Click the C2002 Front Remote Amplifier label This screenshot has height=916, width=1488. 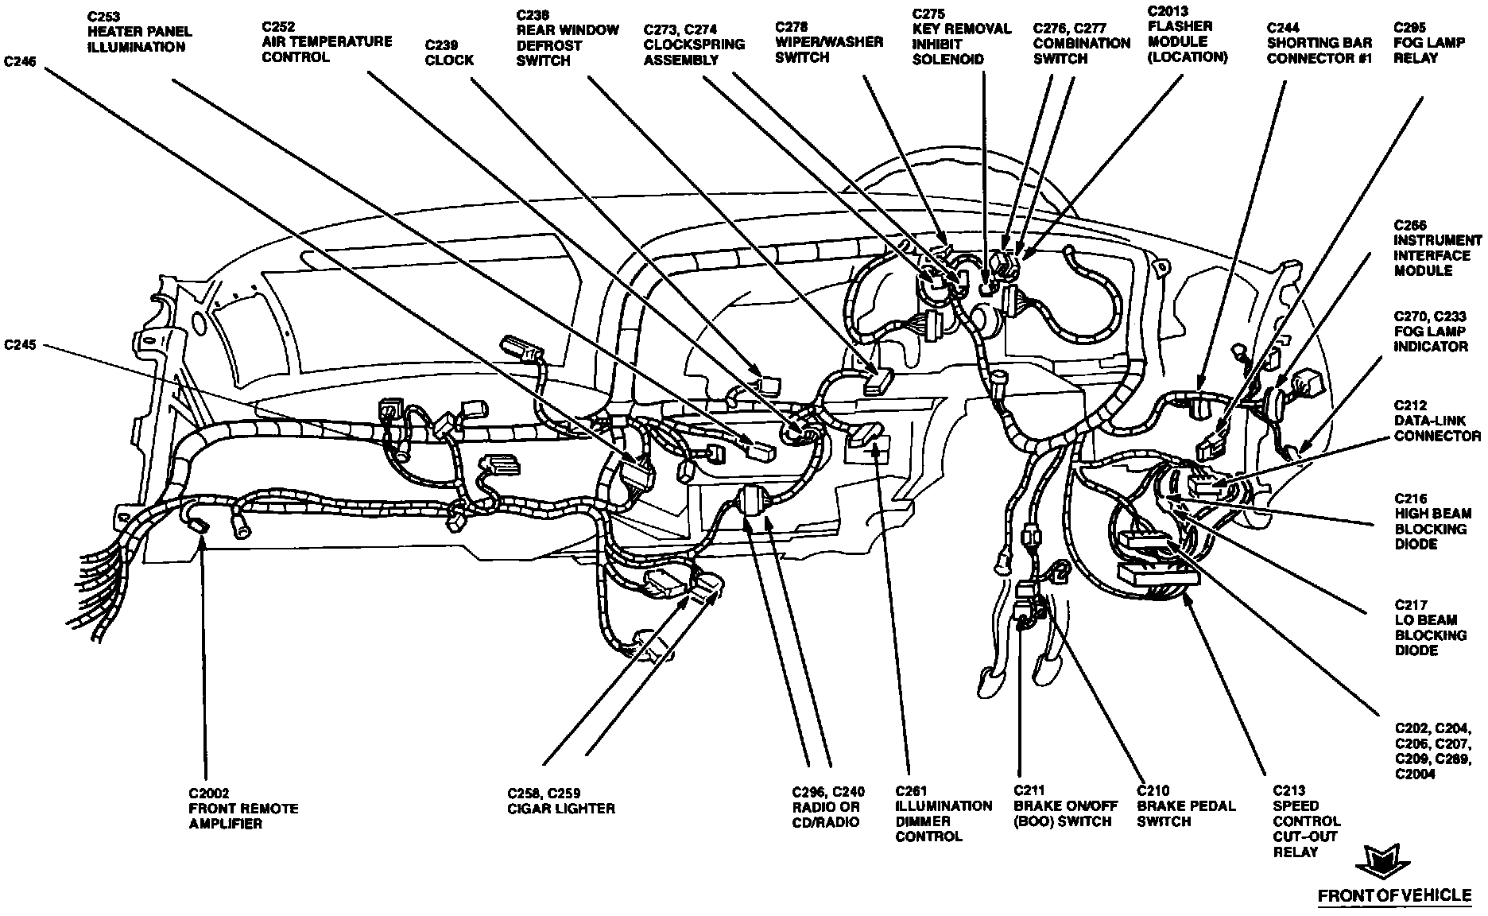pyautogui.click(x=243, y=808)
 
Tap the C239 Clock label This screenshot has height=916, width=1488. pyautogui.click(x=449, y=52)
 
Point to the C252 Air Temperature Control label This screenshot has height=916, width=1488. pyautogui.click(x=327, y=41)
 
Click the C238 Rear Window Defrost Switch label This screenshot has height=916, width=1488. pyautogui.click(x=568, y=37)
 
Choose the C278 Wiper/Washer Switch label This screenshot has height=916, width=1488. pyautogui.click(x=829, y=42)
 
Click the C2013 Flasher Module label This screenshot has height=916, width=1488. pyautogui.click(x=1188, y=33)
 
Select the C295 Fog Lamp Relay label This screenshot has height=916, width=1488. pyautogui.click(x=1428, y=42)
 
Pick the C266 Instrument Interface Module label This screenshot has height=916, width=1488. pyautogui.click(x=1437, y=248)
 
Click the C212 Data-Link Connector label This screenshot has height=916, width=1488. pyautogui.click(x=1437, y=421)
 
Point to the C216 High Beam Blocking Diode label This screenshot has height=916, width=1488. pyautogui.click(x=1432, y=529)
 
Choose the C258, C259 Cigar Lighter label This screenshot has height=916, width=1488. pyautogui.click(x=560, y=801)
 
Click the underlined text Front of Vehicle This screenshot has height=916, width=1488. pyautogui.click(x=1394, y=895)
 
